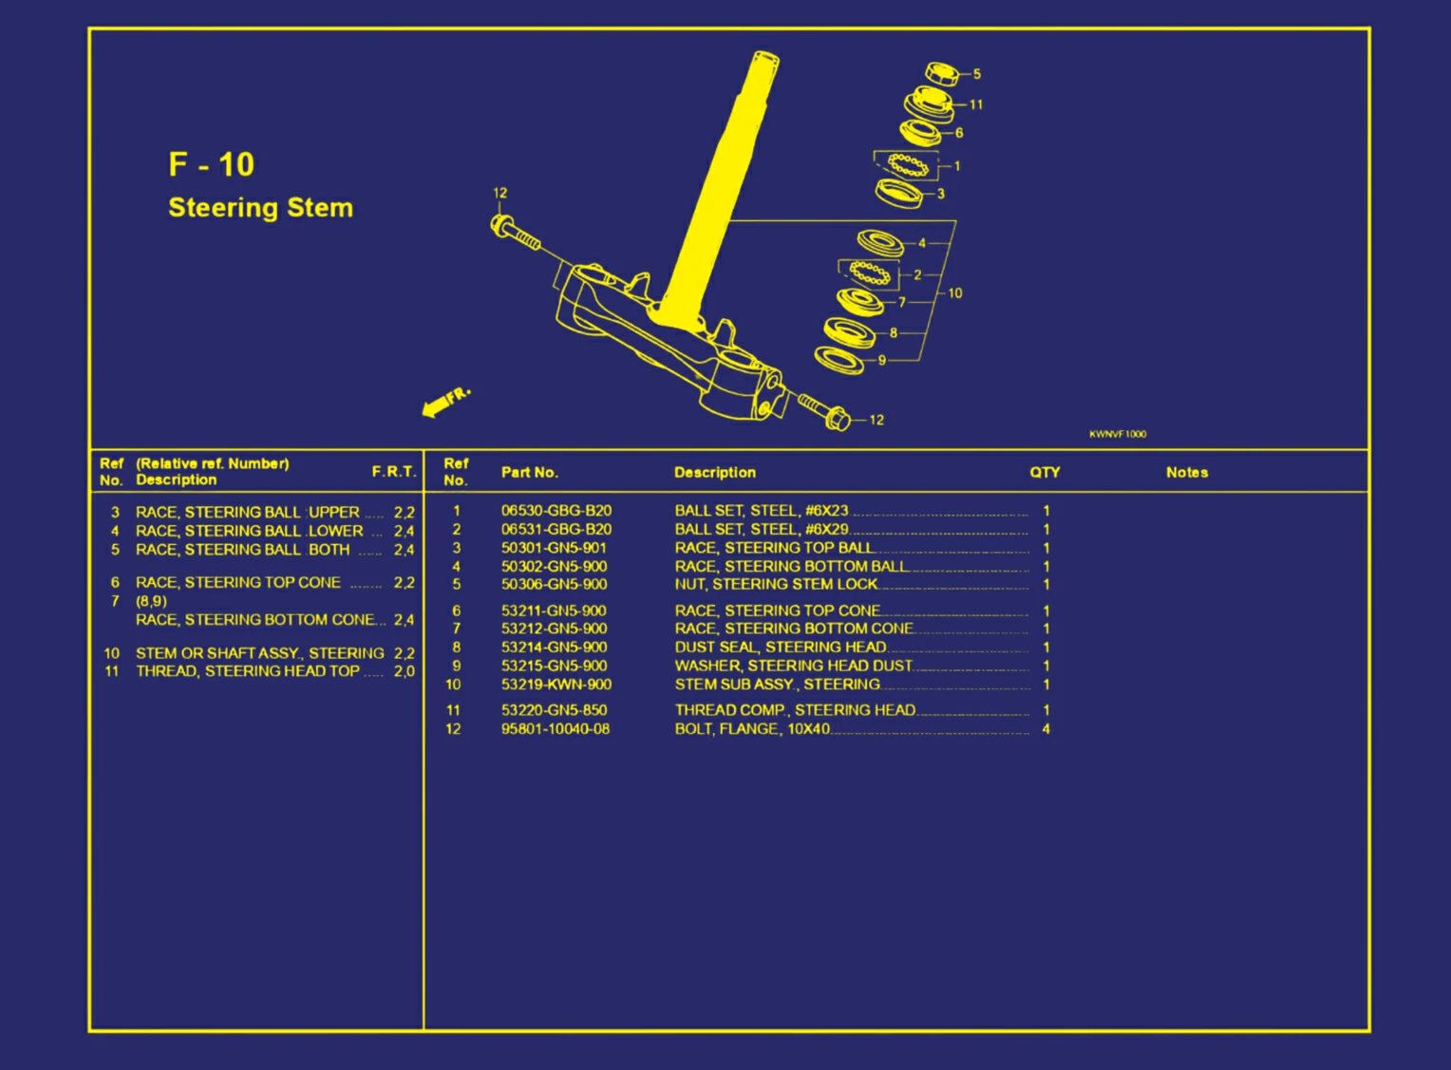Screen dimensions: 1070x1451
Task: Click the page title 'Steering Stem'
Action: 260,208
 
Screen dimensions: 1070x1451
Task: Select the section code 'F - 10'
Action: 211,164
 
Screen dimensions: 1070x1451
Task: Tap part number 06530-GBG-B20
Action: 556,511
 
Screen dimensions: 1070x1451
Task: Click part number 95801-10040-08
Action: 556,729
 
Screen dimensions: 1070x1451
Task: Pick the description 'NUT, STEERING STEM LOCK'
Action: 776,585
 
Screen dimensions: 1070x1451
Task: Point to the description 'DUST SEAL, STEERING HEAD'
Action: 780,648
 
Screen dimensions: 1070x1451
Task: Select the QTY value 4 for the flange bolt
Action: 1046,729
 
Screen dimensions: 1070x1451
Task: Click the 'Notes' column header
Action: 1186,473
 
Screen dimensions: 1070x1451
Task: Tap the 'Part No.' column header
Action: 529,473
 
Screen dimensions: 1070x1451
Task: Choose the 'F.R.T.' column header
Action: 393,472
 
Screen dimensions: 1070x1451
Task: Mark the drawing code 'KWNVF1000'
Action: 1117,434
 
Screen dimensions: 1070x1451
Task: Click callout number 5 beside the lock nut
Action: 976,74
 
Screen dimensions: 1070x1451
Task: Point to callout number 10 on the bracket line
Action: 954,293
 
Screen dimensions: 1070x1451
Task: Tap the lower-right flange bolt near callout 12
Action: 823,412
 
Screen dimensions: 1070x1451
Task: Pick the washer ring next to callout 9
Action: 839,361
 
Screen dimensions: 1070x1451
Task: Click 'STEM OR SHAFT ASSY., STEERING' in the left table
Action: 259,653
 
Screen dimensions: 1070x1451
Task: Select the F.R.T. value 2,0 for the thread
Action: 404,671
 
